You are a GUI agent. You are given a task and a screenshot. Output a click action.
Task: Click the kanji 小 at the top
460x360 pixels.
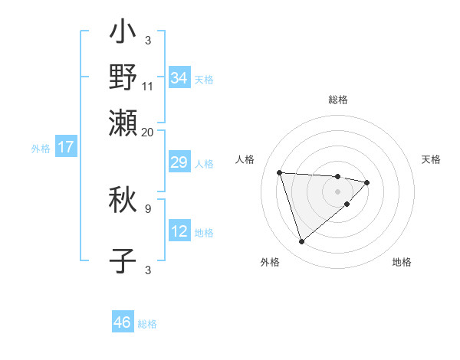click(x=123, y=34)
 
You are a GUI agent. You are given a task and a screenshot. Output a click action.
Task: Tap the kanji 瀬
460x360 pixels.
click(x=123, y=122)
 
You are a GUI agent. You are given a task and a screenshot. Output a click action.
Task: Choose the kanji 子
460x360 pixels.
click(x=123, y=260)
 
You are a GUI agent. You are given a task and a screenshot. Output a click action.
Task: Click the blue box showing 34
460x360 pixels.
click(x=179, y=78)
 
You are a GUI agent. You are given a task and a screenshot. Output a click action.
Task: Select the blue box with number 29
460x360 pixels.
click(x=179, y=162)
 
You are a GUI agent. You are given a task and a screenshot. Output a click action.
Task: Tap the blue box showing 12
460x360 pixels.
click(x=179, y=231)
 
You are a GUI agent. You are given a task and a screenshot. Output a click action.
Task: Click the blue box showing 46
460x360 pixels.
click(x=123, y=322)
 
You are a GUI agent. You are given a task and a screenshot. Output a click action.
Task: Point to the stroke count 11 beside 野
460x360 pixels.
click(x=148, y=86)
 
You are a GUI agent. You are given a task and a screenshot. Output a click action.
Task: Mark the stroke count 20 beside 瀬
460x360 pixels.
click(x=148, y=132)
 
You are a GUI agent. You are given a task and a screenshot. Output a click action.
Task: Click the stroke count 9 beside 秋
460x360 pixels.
click(x=148, y=208)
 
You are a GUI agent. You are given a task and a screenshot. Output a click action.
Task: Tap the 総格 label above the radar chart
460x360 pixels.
click(x=338, y=100)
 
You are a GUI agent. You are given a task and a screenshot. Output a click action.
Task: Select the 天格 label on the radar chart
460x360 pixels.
click(x=431, y=159)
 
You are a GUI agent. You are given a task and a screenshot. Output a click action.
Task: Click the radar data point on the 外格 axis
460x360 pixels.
click(x=301, y=242)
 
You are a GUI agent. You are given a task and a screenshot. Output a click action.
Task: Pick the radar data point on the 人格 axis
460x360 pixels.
click(x=280, y=172)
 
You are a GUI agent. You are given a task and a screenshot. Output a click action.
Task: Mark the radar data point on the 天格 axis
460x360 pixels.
click(x=367, y=182)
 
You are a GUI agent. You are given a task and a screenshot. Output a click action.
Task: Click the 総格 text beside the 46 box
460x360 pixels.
click(x=147, y=324)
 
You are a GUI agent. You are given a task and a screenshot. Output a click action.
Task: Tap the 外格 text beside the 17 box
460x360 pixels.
click(x=41, y=149)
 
